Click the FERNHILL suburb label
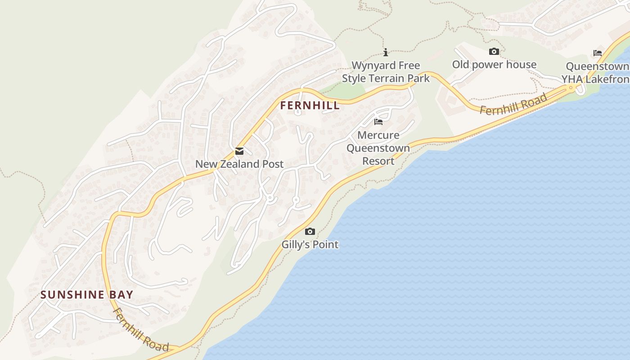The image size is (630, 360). [x=310, y=106]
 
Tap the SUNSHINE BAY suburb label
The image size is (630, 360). [x=87, y=295]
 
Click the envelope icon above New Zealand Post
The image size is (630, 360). [x=239, y=151]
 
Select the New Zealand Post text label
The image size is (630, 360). [x=239, y=164]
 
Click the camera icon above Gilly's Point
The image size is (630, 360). [x=310, y=232]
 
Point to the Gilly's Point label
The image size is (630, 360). [x=310, y=245]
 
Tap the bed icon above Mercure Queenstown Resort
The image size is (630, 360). [x=378, y=122]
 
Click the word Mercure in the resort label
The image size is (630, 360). [x=378, y=135]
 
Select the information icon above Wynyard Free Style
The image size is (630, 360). [x=386, y=52]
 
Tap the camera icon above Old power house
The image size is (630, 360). [x=494, y=52]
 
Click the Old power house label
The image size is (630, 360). [x=494, y=65]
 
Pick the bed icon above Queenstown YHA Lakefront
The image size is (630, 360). [x=598, y=53]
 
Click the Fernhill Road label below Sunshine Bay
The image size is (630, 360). [x=140, y=330]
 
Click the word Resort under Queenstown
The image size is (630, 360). [x=378, y=161]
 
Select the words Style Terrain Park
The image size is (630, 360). [x=386, y=78]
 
